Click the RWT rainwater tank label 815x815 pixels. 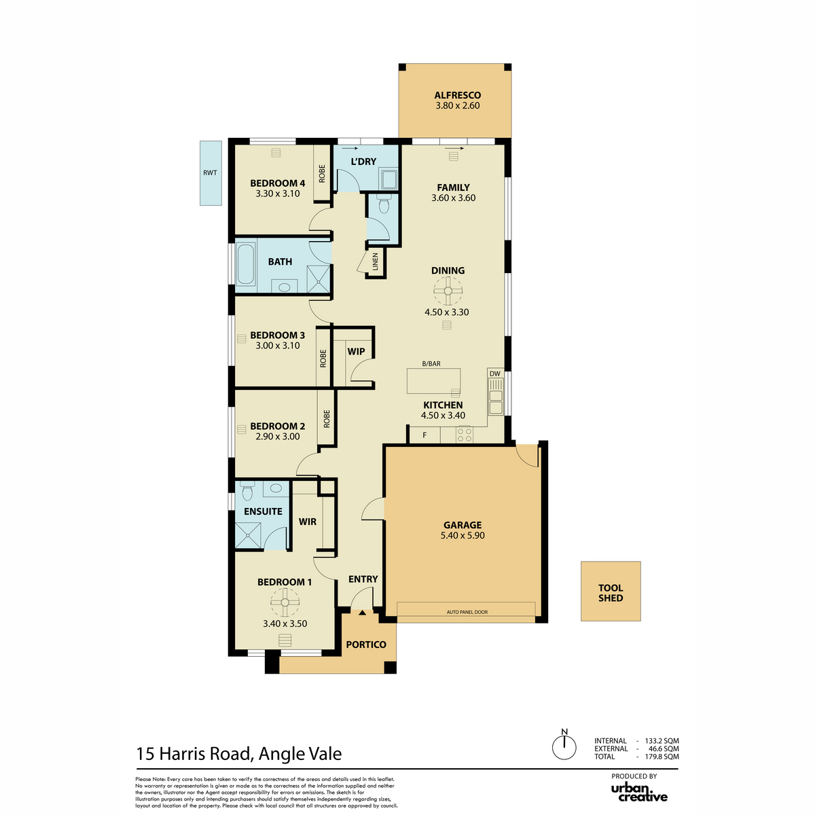pos(210,173)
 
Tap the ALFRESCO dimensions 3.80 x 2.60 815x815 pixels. pos(458,106)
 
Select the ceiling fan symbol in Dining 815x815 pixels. pos(448,291)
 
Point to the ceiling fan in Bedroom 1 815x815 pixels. pos(285,602)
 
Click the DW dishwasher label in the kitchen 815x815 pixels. pos(495,374)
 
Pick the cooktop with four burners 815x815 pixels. pos(465,435)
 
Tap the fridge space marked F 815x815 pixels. pos(424,435)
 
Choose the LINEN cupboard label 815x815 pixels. pos(375,262)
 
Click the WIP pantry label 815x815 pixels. pos(356,351)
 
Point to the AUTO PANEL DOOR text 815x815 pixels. pos(467,612)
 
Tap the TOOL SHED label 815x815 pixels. pos(611,593)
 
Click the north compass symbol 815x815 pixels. pos(564,746)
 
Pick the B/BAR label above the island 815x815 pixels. pos(431,364)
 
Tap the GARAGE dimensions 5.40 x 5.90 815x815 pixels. pos(463,535)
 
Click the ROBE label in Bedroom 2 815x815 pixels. pos(327,419)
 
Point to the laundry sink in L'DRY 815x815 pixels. pos(388,179)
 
